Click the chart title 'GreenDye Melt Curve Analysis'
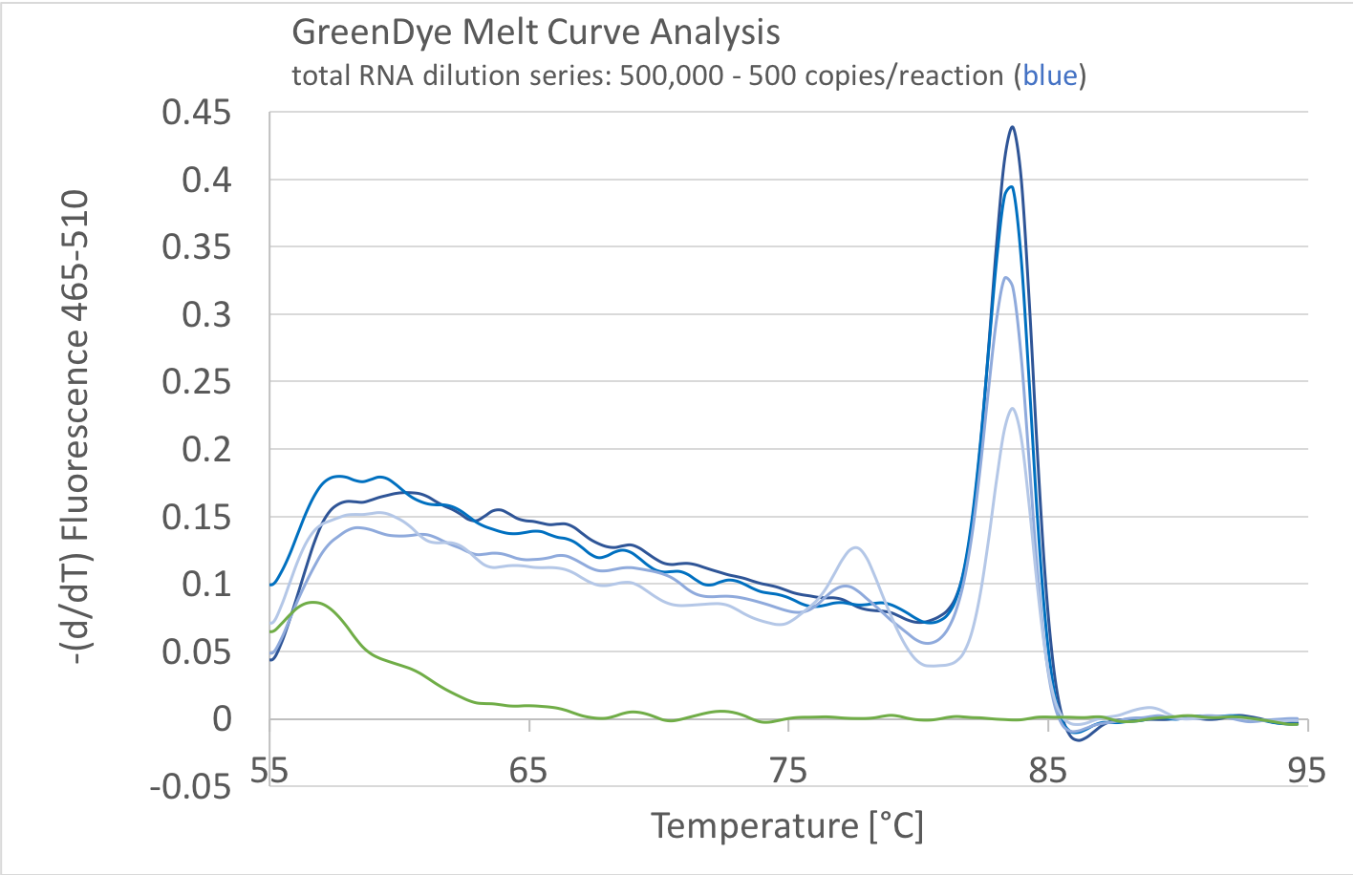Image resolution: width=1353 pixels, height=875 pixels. [535, 32]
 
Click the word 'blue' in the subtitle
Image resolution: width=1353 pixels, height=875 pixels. [1050, 75]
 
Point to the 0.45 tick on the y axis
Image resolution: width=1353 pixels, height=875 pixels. [197, 113]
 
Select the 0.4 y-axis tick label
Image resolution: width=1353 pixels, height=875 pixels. [207, 180]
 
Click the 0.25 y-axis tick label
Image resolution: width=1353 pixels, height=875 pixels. [197, 381]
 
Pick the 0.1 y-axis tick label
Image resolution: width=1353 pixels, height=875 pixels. [207, 584]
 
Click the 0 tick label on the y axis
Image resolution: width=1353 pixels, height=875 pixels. [222, 718]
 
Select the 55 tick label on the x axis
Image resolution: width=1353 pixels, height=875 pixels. [269, 770]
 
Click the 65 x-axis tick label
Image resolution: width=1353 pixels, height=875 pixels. [528, 770]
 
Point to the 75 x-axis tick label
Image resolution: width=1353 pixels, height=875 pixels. [788, 770]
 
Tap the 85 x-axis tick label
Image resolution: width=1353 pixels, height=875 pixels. [1048, 770]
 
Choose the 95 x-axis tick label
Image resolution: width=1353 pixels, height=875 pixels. [1307, 770]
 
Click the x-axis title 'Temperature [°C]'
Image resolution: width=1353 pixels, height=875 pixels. [787, 825]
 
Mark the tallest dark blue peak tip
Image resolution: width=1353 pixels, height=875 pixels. [1011, 127]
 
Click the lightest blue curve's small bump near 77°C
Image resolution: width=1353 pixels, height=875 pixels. [855, 547]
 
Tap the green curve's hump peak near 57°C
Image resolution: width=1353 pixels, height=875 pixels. [311, 603]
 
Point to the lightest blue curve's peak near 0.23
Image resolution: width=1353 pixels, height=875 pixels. [1012, 409]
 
